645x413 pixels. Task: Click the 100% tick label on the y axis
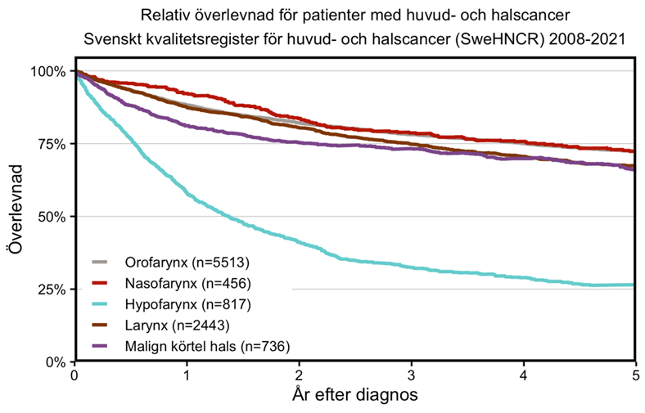click(x=48, y=71)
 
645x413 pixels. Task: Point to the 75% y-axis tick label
click(x=52, y=144)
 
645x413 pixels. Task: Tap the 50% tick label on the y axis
click(x=52, y=217)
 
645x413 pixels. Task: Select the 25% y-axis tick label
click(x=52, y=290)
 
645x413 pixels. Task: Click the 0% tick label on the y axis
click(x=56, y=361)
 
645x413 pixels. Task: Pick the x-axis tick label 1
click(x=187, y=376)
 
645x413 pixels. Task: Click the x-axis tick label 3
click(x=412, y=376)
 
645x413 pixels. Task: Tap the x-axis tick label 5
click(x=635, y=376)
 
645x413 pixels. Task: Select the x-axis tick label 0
click(x=75, y=376)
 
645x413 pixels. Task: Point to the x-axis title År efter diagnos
click(x=355, y=395)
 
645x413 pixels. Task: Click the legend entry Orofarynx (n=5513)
click(x=187, y=263)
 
